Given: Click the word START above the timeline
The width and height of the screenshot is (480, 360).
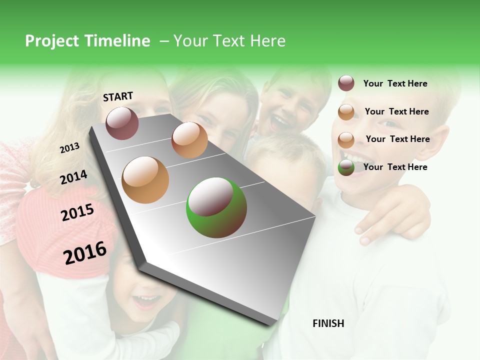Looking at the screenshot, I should coord(118,96).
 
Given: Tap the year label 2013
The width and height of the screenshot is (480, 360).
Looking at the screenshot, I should coord(69,148).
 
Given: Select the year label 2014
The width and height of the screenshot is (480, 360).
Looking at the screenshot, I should coord(73,177).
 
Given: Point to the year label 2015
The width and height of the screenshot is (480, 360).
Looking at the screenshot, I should coord(77,212).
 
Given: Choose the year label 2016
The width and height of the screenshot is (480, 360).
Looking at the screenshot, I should coord(85,252).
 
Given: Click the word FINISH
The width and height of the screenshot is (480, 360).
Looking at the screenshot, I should coord(328,323).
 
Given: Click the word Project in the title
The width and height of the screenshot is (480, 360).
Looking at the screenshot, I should coord(51,41).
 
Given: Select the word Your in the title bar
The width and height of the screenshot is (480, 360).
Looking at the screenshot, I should coord(192,41).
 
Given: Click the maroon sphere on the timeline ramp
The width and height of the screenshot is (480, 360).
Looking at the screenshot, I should coord(122,123).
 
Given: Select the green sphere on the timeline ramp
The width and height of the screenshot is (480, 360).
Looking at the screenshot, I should coord(216,207).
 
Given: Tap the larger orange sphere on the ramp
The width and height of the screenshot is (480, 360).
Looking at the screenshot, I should coord(145,180).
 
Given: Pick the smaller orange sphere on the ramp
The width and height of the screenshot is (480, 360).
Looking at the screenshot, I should coord(189,139).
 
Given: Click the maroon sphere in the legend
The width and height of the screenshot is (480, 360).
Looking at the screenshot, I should coord(346,83).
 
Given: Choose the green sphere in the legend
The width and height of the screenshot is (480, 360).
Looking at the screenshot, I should coord(346,167).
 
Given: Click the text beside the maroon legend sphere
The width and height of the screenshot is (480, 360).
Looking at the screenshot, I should coord(395,83).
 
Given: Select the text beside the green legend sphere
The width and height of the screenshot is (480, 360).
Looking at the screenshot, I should coord(395,167).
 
